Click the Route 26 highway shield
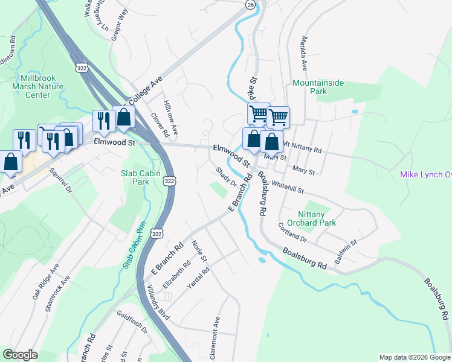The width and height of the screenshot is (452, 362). click(250, 4)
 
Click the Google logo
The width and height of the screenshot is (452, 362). click(20, 355)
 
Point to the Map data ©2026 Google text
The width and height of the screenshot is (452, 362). click(414, 357)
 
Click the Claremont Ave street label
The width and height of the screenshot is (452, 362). click(215, 338)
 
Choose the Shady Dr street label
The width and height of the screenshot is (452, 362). click(226, 177)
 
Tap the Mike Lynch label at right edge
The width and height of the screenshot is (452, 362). click(426, 175)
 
